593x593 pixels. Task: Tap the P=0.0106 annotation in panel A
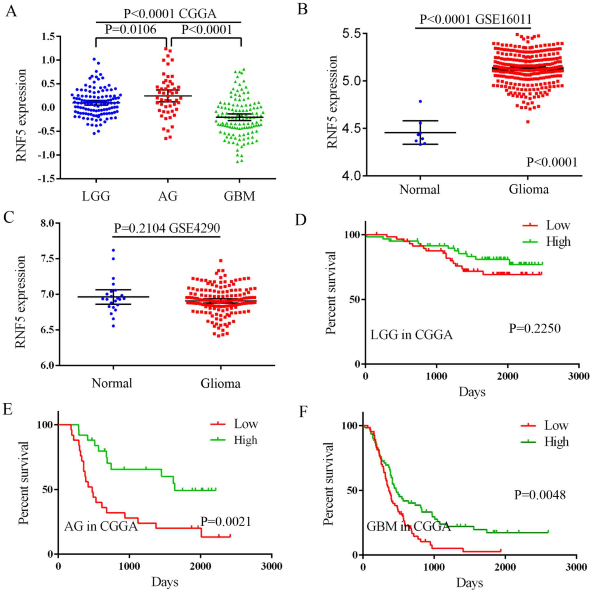click(x=131, y=30)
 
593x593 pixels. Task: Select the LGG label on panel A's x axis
click(x=96, y=196)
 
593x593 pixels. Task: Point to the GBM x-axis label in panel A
click(x=239, y=196)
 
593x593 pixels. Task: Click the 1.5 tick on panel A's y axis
click(x=48, y=37)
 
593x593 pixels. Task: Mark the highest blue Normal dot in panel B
click(x=420, y=101)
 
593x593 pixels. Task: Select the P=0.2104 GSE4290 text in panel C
click(x=167, y=228)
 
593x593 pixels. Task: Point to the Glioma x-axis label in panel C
click(x=220, y=383)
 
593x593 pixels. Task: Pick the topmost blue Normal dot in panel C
click(x=113, y=250)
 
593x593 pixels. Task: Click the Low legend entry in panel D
click(x=558, y=226)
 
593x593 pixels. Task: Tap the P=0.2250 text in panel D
click(x=535, y=329)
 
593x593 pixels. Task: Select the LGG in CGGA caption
click(x=411, y=335)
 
